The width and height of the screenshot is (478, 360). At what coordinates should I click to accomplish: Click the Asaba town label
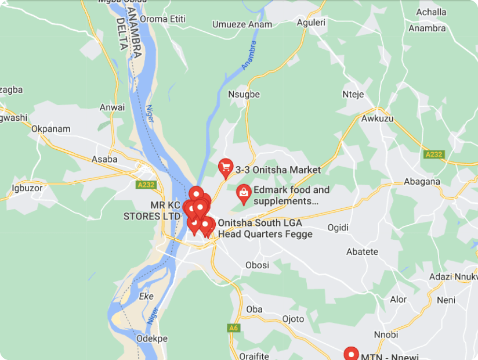click(104, 159)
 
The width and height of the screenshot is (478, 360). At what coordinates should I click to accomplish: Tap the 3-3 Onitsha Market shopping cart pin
click(225, 168)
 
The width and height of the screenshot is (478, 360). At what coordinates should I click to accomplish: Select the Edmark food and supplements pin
click(244, 193)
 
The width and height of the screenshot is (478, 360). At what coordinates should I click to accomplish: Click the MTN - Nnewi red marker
click(351, 354)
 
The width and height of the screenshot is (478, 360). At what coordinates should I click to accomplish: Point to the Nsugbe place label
click(244, 94)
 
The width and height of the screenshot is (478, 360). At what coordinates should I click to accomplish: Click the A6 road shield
click(233, 328)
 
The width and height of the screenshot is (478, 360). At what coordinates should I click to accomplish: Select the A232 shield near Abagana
click(433, 154)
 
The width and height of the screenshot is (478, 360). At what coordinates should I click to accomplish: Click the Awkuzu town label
click(377, 118)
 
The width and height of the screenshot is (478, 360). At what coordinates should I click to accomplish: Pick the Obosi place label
click(257, 265)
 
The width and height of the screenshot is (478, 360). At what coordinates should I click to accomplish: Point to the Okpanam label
click(51, 129)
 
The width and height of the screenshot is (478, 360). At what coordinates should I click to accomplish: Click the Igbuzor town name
click(27, 188)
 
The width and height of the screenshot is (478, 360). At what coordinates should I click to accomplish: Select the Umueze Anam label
click(242, 24)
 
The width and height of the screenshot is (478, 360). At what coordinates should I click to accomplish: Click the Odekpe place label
click(151, 339)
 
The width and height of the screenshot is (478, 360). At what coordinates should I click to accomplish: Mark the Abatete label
click(362, 252)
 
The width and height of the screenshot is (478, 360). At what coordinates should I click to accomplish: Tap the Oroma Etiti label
click(162, 19)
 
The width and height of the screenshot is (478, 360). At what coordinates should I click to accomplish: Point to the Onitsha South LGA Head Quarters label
click(265, 229)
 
